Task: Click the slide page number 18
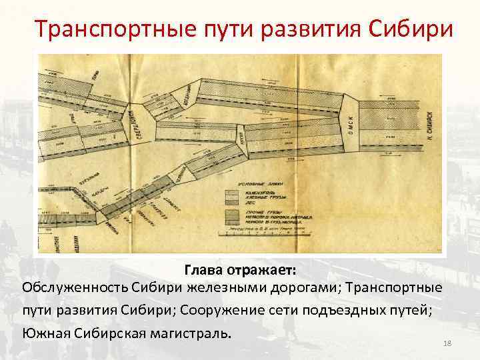pos(447,343)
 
